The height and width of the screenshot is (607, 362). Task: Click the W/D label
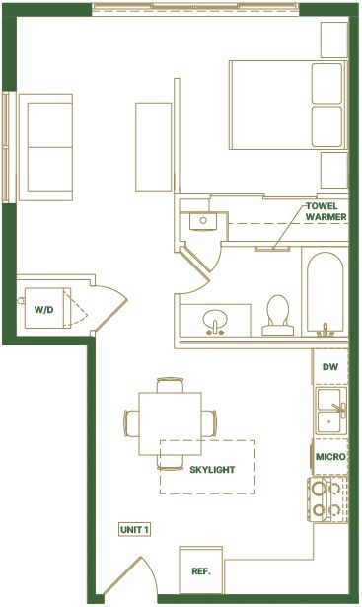click(43, 310)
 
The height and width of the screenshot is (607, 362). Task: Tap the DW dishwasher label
click(330, 366)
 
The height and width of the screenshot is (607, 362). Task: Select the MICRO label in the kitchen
click(330, 457)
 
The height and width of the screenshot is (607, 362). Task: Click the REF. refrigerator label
click(201, 571)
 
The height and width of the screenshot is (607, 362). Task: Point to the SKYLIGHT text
click(212, 470)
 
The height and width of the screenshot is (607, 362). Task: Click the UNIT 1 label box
click(134, 530)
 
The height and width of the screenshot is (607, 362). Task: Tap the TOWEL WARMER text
click(326, 212)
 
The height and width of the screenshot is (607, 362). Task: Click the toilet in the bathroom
click(278, 315)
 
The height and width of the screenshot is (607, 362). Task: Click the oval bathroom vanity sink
click(215, 318)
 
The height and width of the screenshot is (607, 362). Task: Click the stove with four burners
click(328, 499)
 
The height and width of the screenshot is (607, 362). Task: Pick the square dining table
click(171, 423)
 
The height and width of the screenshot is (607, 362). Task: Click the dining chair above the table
click(170, 385)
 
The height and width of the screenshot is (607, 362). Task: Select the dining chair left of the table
click(131, 423)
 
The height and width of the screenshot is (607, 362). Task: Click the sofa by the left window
click(46, 147)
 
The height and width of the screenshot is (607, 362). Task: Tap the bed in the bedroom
click(289, 105)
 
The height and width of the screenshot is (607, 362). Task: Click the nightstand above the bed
click(334, 39)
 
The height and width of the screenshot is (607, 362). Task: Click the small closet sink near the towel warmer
click(203, 221)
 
